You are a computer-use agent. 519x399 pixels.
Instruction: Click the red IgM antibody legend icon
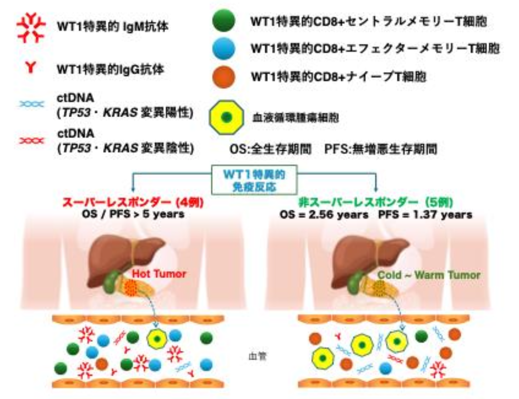point(31,27)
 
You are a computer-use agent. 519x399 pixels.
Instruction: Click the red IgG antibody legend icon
point(30,67)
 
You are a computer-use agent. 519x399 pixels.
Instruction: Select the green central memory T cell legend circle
point(223,21)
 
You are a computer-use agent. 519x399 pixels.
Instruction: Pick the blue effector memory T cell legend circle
point(223,48)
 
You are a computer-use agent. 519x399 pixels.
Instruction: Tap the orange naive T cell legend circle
point(223,77)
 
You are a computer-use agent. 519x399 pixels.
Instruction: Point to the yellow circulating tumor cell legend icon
point(226,117)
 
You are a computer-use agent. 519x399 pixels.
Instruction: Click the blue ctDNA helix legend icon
point(31,104)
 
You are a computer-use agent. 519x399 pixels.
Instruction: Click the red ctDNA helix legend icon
point(31,141)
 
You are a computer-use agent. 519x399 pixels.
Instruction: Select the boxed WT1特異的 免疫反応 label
point(254,180)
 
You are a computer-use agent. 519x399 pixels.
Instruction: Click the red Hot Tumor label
point(159,274)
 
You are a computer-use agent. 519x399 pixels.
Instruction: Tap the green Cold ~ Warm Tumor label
point(429,275)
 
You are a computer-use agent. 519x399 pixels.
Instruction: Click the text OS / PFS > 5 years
point(133,214)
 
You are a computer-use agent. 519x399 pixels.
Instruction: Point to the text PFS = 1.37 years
point(425,215)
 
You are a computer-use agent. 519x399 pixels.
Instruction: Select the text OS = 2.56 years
point(324,215)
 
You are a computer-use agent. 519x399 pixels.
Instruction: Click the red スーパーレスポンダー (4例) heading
point(133,203)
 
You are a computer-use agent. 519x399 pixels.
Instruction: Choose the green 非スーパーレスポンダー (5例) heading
point(376,203)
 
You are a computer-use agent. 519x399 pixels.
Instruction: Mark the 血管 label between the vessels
point(258,356)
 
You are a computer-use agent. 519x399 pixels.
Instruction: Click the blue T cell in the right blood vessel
point(385,368)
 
